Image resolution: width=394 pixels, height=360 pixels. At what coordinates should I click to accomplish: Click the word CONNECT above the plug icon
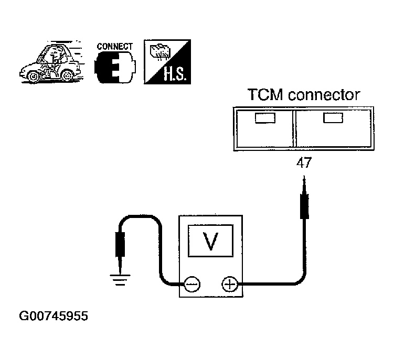(114, 47)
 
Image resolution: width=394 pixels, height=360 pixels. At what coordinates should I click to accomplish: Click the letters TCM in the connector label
(265, 95)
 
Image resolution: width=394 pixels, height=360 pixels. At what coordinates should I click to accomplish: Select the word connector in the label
(324, 95)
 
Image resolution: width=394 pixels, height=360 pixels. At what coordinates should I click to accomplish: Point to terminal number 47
(304, 162)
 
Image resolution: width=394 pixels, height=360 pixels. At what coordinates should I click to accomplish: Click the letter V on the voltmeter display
(210, 241)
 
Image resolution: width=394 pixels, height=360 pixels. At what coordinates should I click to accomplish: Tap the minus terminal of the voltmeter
(192, 285)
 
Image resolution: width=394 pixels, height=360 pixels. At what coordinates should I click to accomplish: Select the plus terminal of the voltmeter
(229, 284)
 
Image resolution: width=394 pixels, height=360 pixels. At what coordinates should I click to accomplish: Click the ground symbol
(120, 280)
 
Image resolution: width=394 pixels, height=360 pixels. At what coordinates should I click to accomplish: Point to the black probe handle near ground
(120, 245)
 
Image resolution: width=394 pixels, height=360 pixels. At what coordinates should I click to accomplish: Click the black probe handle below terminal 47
(304, 206)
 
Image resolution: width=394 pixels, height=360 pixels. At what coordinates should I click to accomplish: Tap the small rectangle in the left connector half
(265, 118)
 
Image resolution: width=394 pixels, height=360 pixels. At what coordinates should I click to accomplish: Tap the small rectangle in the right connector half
(333, 118)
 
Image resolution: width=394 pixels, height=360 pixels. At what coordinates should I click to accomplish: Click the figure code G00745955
(54, 316)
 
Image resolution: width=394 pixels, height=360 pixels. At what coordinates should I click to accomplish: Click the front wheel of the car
(33, 77)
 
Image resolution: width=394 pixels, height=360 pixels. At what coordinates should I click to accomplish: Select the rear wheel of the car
(67, 75)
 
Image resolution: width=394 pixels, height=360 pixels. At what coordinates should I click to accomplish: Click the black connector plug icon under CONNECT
(115, 67)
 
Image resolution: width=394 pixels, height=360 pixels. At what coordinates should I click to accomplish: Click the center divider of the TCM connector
(294, 128)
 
